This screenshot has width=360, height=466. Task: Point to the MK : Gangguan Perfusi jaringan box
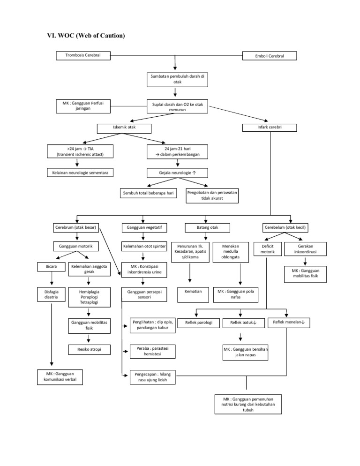pos(77,105)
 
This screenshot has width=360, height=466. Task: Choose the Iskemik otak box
pos(124,128)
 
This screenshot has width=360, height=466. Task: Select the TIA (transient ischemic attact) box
pos(77,151)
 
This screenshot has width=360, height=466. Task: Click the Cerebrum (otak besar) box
pos(75,227)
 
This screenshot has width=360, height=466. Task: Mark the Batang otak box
pos(207,227)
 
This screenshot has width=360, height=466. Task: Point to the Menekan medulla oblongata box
pos(231,251)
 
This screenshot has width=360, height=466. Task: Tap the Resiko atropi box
pos(89,349)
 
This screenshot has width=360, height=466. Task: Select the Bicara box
pos(52,267)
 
